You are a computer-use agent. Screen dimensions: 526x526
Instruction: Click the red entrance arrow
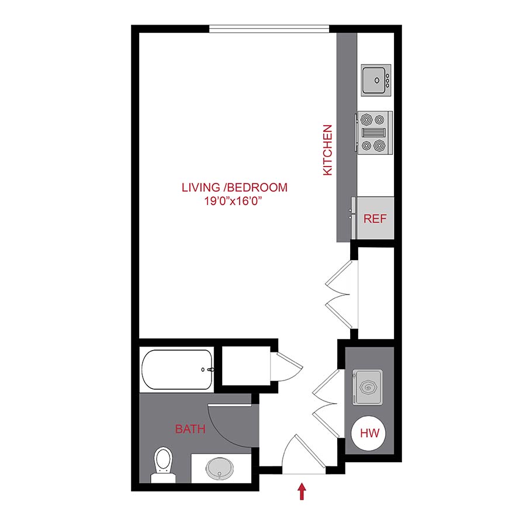coord(302,491)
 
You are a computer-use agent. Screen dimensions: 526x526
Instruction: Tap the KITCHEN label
coord(327,150)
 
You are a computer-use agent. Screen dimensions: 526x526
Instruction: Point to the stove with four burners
coord(373,133)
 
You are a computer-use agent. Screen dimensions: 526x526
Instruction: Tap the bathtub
coord(177,370)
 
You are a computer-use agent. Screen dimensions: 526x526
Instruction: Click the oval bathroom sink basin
coord(221,468)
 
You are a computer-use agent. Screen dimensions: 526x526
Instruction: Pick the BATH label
coord(190,430)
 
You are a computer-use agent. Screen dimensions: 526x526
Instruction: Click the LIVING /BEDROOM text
coord(234,188)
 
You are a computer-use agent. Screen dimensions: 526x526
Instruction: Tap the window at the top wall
coord(269,28)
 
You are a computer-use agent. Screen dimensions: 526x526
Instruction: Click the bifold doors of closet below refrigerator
coord(339,292)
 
